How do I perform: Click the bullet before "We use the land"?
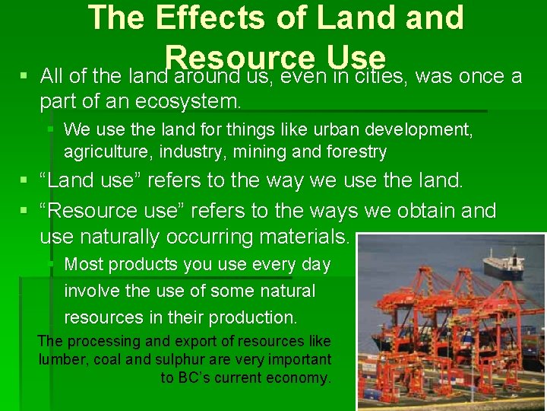pyautogui.click(x=50, y=129)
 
